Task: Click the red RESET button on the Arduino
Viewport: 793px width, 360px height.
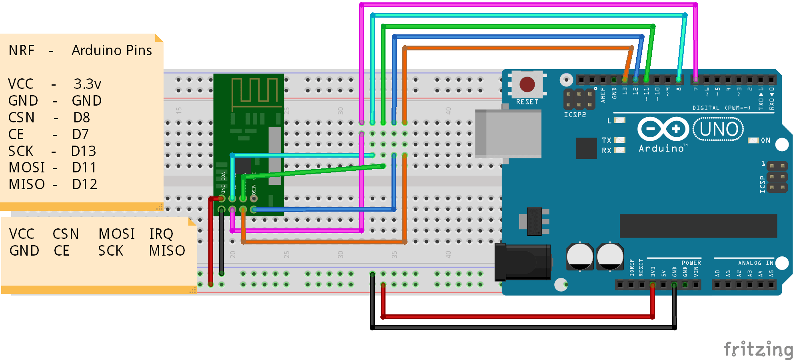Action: tap(527, 84)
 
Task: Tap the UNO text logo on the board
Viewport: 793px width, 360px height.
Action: tap(719, 129)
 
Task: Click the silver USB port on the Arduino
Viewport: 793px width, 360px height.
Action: tap(508, 134)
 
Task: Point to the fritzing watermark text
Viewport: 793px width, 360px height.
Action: tap(758, 349)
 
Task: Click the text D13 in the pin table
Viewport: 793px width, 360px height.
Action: tap(84, 151)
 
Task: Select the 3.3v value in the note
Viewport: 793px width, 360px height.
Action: tap(87, 84)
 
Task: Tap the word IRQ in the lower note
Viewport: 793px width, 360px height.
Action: tap(161, 234)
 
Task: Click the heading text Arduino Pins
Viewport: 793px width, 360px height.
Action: tap(112, 50)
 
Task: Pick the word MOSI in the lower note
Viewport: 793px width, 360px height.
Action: tap(117, 234)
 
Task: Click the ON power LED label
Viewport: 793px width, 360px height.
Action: tap(765, 140)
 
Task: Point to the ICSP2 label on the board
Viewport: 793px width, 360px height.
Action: tap(575, 115)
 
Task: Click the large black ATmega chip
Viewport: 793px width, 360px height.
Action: tap(698, 226)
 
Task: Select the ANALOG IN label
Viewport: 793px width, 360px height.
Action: tap(755, 263)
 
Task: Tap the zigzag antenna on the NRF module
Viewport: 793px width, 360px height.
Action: tap(255, 91)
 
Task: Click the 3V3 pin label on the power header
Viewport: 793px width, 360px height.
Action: tap(653, 272)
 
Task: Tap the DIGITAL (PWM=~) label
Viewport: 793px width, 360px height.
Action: tap(721, 108)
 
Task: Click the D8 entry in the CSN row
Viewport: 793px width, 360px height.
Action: tap(82, 118)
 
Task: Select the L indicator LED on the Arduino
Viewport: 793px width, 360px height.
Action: tap(619, 120)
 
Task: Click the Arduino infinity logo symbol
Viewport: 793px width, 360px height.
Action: tap(663, 129)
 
